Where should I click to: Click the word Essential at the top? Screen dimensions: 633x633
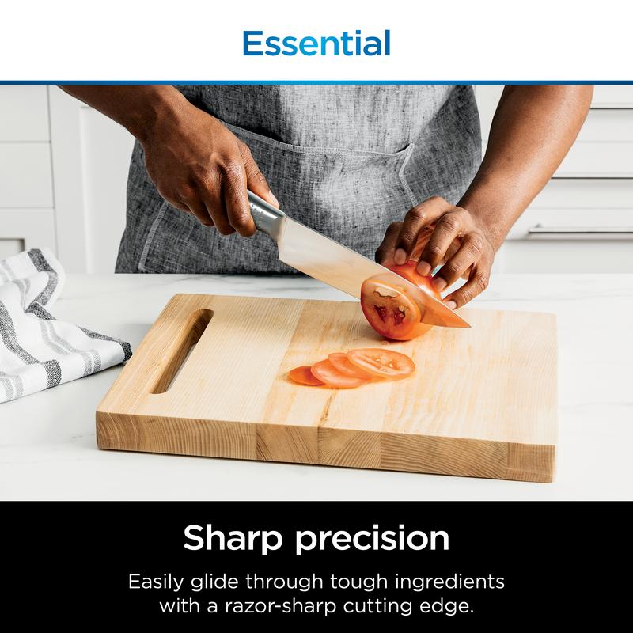tap(316, 43)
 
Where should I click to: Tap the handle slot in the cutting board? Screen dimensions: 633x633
tap(182, 351)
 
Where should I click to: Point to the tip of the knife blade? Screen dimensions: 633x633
tap(467, 324)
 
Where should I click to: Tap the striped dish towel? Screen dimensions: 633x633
tap(47, 324)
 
